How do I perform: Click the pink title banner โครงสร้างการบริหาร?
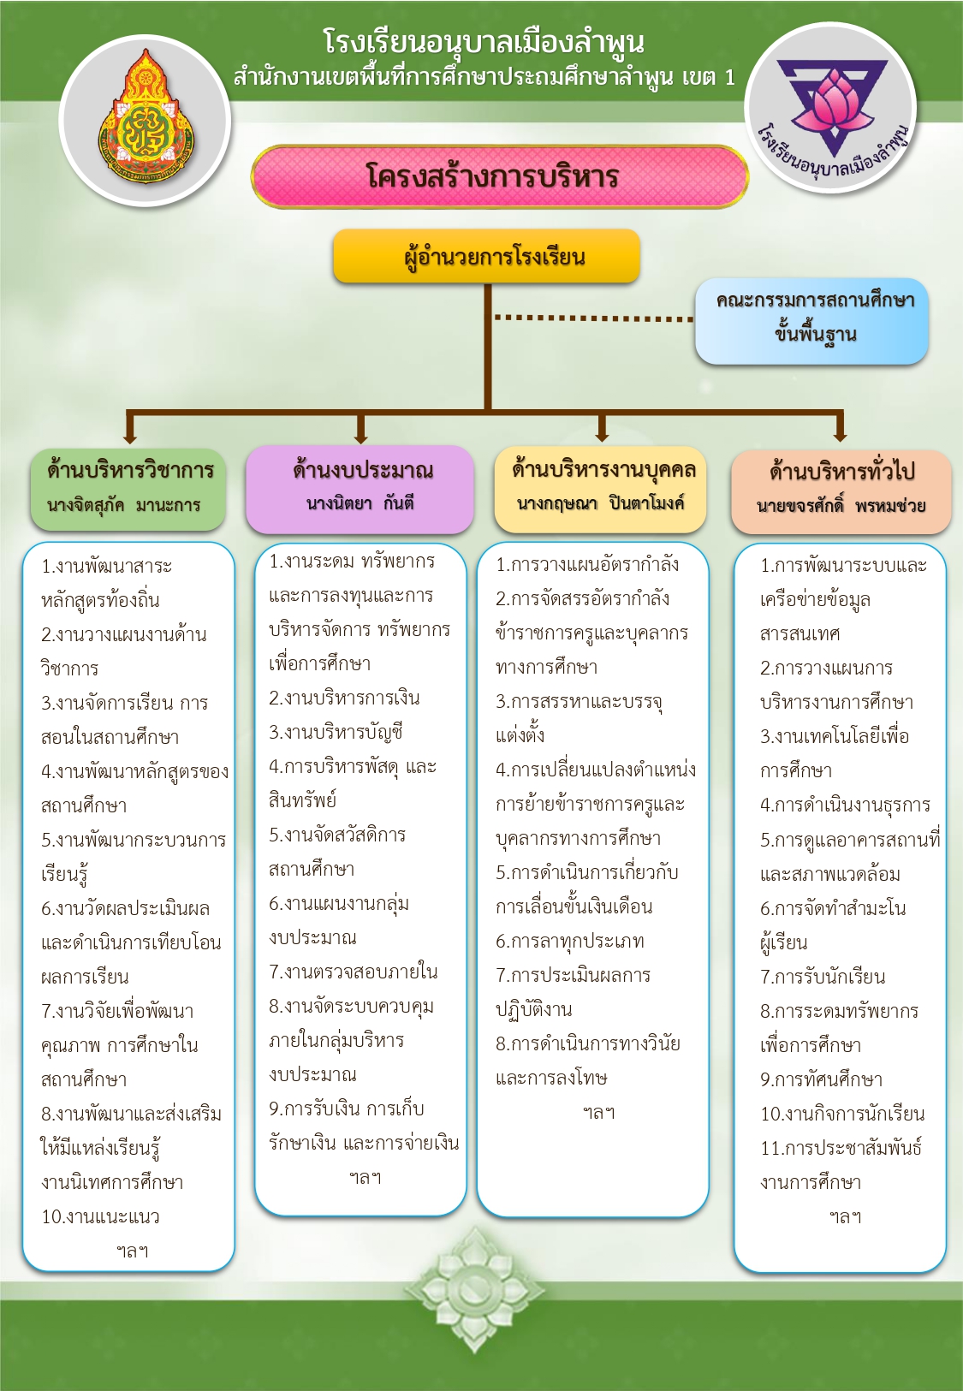pyautogui.click(x=500, y=177)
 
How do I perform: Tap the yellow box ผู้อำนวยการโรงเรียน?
pyautogui.click(x=487, y=257)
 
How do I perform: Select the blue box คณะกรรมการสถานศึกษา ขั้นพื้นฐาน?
pyautogui.click(x=811, y=320)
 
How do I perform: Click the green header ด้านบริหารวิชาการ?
pyautogui.click(x=128, y=490)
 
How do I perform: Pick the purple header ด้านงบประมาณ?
pyautogui.click(x=360, y=490)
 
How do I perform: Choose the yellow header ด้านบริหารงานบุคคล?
pyautogui.click(x=600, y=490)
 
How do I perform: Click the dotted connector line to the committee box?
pyautogui.click(x=593, y=318)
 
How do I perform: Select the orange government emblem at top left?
pyautogui.click(x=146, y=116)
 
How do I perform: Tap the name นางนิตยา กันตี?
pyautogui.click(x=360, y=502)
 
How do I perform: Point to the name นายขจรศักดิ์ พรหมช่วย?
pyautogui.click(x=841, y=506)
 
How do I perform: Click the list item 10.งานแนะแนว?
pyautogui.click(x=101, y=1217)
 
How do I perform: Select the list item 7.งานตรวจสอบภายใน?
pyautogui.click(x=354, y=972)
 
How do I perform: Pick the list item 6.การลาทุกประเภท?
pyautogui.click(x=570, y=942)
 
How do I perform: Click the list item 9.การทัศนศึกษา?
pyautogui.click(x=822, y=1080)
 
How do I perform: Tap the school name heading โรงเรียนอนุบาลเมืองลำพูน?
pyautogui.click(x=484, y=42)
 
